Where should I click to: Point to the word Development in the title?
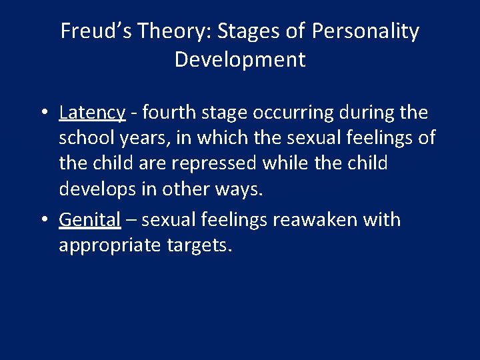coord(240,60)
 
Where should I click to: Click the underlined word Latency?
coord(91,113)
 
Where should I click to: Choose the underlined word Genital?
coord(89,219)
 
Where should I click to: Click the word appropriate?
coord(110,246)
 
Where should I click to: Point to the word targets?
coord(199,246)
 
